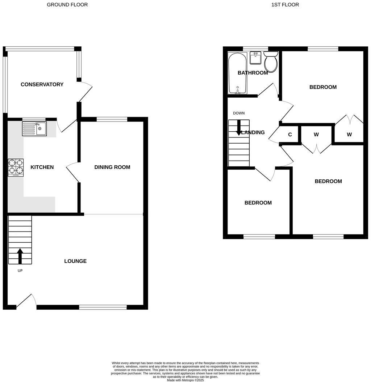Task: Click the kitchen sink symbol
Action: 34,128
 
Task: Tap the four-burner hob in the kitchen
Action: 16,167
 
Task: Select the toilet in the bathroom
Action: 271,63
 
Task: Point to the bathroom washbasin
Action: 255,58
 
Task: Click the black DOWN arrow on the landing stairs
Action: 239,128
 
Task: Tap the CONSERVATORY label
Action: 42,84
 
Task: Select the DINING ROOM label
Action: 112,167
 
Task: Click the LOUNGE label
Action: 75,261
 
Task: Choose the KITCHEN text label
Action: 42,167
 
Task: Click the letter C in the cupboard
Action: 290,135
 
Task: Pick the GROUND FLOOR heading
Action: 67,5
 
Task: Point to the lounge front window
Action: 103,307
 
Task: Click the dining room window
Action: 112,119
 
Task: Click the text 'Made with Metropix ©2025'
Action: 185,380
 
